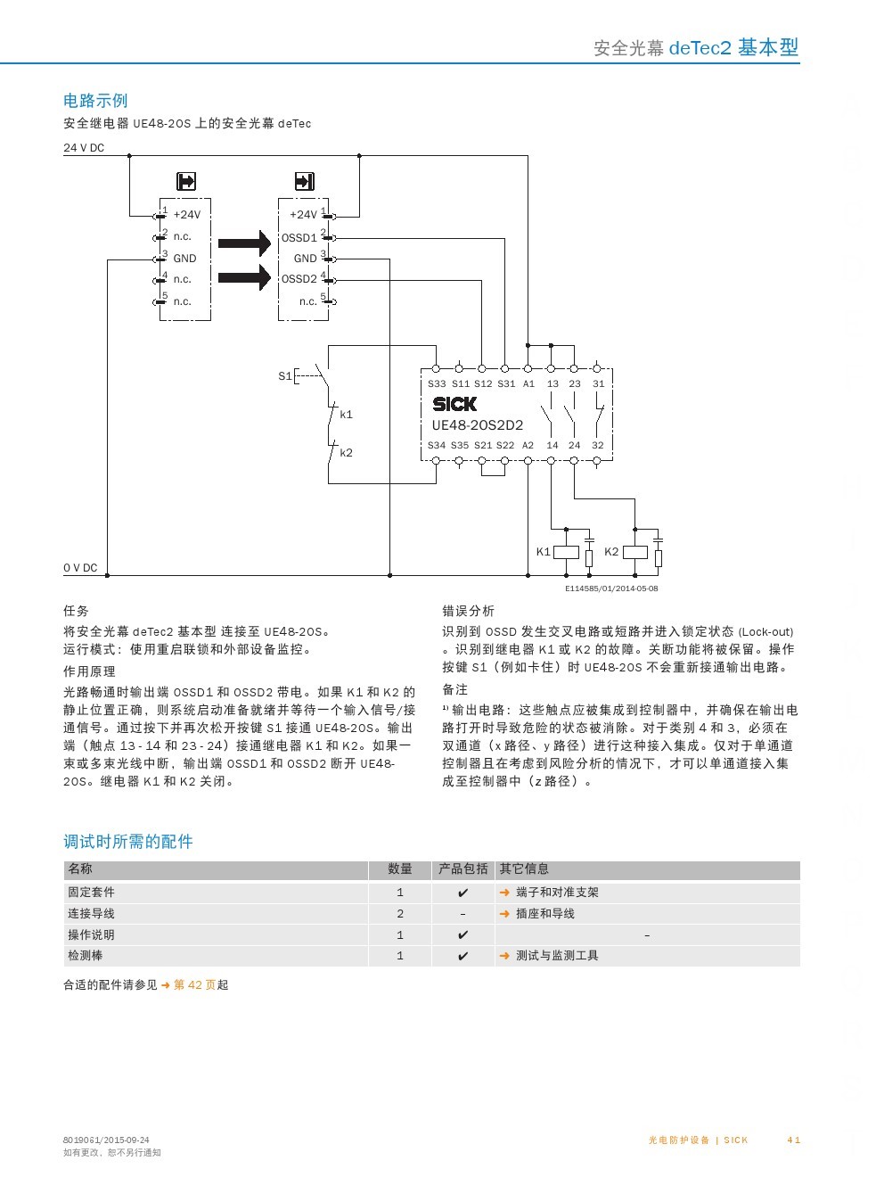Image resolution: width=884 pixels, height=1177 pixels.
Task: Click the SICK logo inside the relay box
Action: tap(454, 404)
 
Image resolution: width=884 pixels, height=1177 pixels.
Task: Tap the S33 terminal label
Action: tap(437, 384)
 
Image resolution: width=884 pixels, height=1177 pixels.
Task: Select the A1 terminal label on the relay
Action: tap(528, 384)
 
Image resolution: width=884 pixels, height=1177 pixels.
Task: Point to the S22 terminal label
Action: tap(504, 445)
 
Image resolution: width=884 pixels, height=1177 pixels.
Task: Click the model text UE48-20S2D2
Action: tap(478, 425)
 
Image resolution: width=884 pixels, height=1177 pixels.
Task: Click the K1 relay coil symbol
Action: tap(566, 552)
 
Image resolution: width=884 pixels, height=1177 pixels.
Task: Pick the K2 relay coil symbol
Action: tap(634, 552)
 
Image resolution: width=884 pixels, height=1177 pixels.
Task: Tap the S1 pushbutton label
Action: tap(284, 376)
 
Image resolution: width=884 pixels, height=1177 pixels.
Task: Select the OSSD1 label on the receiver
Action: tap(299, 237)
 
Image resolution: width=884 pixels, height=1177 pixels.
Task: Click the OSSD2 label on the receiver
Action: tap(299, 279)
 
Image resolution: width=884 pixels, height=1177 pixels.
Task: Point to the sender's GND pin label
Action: tap(184, 259)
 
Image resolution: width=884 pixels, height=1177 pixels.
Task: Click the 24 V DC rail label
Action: tap(84, 148)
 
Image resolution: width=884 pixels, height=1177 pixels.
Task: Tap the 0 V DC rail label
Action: tap(80, 568)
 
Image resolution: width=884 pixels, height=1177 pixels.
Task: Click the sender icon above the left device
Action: tap(186, 181)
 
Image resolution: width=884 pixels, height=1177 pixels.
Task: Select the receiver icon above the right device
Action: tap(304, 181)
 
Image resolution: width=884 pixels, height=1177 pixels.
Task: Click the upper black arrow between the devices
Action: tap(244, 243)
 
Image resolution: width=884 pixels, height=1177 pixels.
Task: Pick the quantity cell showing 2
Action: tap(400, 914)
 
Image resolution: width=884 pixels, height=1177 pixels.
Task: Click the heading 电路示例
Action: tap(95, 100)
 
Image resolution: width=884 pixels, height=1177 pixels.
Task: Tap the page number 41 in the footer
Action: tap(793, 1140)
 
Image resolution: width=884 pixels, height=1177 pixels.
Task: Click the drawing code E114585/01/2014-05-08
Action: tap(611, 588)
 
